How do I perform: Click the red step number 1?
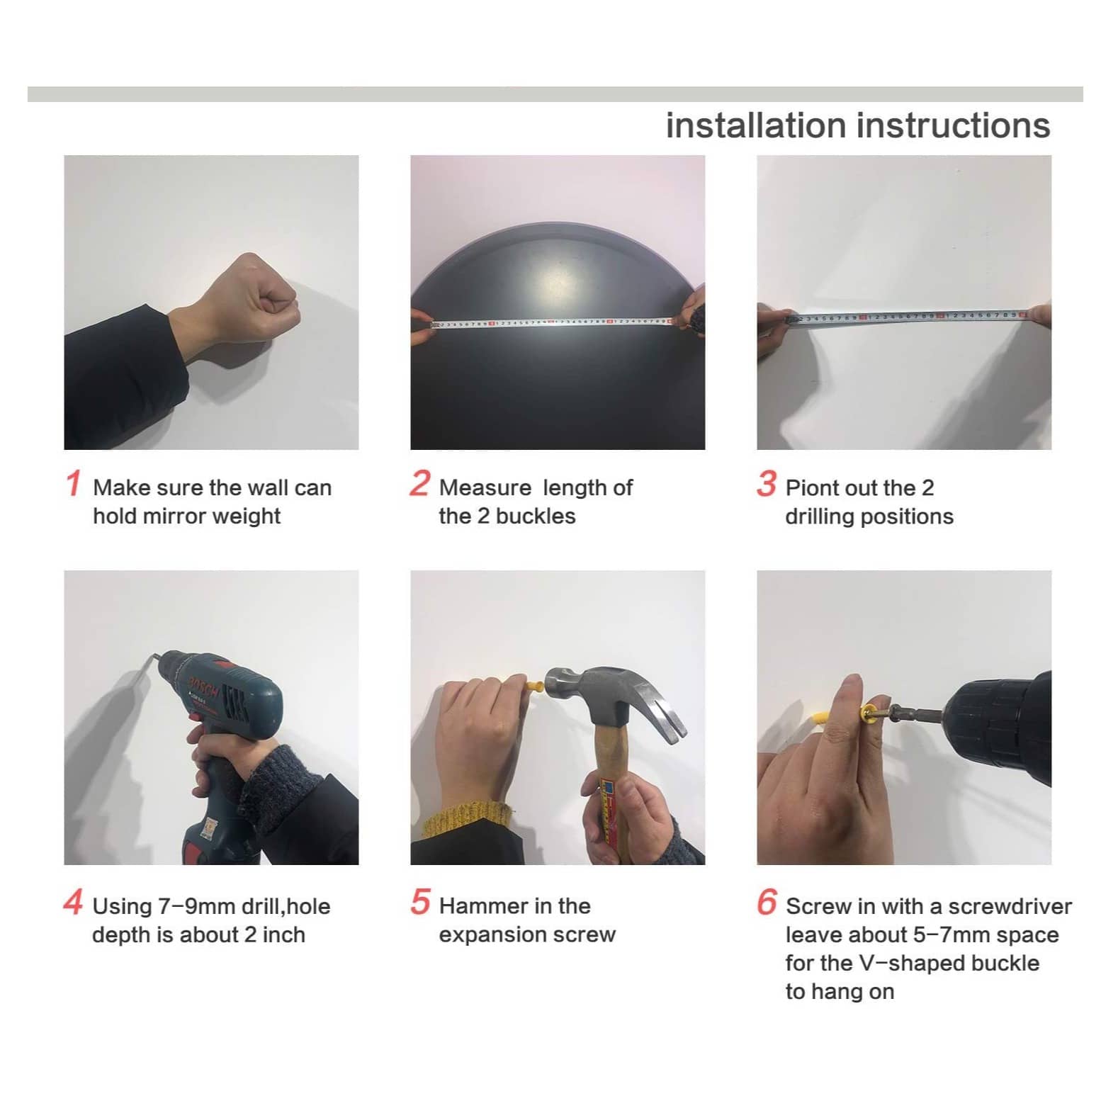coord(73,484)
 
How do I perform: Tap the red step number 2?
coord(419,484)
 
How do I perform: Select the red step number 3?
coord(766,484)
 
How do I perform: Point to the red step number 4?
coord(73,903)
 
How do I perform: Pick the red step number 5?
coord(419,902)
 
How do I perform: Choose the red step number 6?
coord(767,902)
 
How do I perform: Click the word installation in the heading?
coord(756,125)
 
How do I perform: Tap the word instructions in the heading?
coord(953,125)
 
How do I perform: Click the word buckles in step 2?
coord(536,516)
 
